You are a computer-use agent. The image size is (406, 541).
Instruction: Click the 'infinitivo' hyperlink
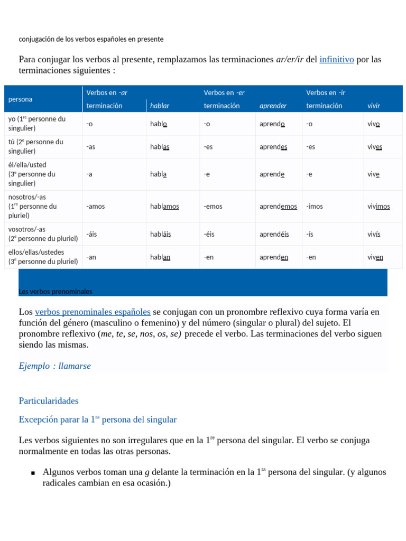tap(336, 60)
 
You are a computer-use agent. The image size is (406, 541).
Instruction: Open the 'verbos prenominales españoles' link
tap(93, 312)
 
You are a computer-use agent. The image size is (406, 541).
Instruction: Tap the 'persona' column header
tap(20, 99)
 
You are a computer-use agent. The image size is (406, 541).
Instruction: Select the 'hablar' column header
tap(160, 106)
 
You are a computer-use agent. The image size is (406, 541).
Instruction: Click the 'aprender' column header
tap(273, 106)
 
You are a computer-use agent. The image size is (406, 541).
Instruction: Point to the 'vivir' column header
tap(374, 106)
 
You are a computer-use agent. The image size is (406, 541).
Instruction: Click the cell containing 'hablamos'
tap(164, 207)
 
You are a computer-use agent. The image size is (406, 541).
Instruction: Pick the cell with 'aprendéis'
tap(274, 234)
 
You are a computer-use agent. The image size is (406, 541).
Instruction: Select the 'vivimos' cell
tap(379, 207)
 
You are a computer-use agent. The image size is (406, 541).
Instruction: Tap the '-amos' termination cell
tap(96, 207)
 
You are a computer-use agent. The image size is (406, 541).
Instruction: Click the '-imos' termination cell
tap(315, 207)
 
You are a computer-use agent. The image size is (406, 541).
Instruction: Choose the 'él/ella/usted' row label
tap(27, 165)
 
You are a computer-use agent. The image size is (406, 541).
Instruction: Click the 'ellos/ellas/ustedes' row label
tap(36, 252)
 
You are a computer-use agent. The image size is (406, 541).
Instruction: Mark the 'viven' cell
tap(375, 257)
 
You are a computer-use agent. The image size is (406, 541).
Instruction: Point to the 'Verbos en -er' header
tap(224, 93)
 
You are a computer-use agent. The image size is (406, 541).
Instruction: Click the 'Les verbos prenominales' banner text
tap(56, 292)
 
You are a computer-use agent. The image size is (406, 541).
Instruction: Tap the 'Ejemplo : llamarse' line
tap(54, 366)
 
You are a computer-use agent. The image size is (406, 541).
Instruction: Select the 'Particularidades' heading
tap(49, 401)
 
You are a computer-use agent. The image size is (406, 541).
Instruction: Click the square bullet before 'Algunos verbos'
tap(33, 473)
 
